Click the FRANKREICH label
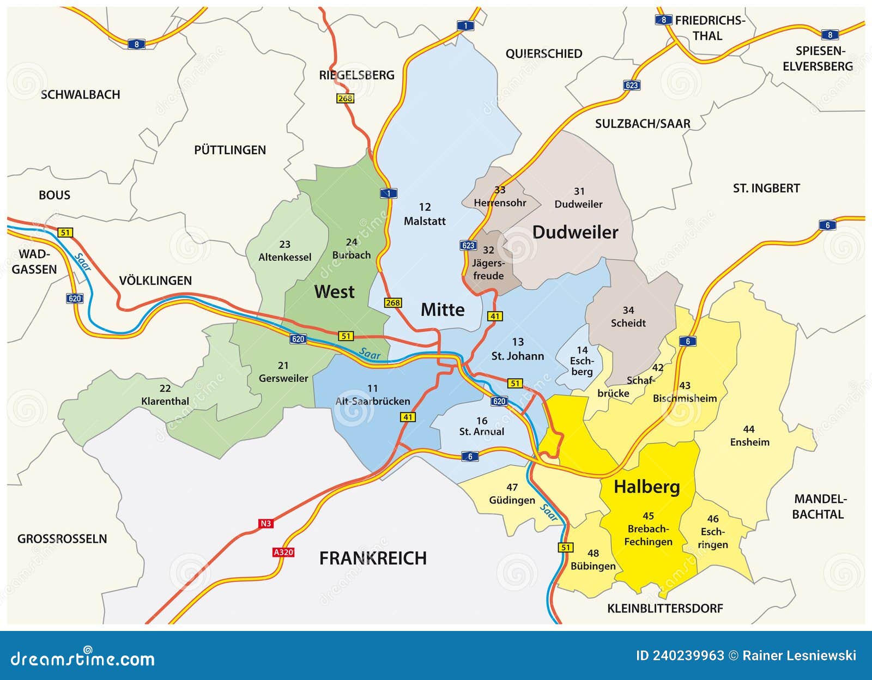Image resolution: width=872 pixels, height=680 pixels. [x=373, y=558]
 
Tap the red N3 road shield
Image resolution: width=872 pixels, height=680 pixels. [x=265, y=524]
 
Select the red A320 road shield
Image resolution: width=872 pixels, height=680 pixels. [x=283, y=552]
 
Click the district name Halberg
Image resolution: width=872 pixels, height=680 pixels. [x=646, y=487]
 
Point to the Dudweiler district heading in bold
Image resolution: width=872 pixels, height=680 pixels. [x=575, y=232]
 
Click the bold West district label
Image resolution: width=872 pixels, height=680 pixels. [x=334, y=292]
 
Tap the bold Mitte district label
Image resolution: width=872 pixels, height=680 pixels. [x=443, y=310]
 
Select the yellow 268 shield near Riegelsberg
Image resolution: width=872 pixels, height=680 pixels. [x=345, y=99]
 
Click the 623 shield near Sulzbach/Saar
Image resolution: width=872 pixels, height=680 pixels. [x=632, y=85]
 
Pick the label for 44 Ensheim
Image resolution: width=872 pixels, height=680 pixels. [x=749, y=436]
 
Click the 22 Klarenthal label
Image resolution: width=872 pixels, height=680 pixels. [x=165, y=395]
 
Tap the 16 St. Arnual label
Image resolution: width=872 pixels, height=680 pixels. [x=481, y=426]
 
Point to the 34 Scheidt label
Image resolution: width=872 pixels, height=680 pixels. [x=628, y=317]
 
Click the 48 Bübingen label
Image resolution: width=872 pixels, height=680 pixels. [x=593, y=560]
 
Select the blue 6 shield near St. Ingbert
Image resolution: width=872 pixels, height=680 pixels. [x=827, y=225]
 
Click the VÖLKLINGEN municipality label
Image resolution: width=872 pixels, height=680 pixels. [x=155, y=281]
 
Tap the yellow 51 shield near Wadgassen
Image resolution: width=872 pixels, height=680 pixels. [x=65, y=233]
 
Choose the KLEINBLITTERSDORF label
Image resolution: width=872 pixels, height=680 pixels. [x=665, y=609]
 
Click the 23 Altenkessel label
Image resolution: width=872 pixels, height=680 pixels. [x=284, y=251]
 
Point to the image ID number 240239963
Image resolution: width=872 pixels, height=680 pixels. [x=680, y=655]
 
